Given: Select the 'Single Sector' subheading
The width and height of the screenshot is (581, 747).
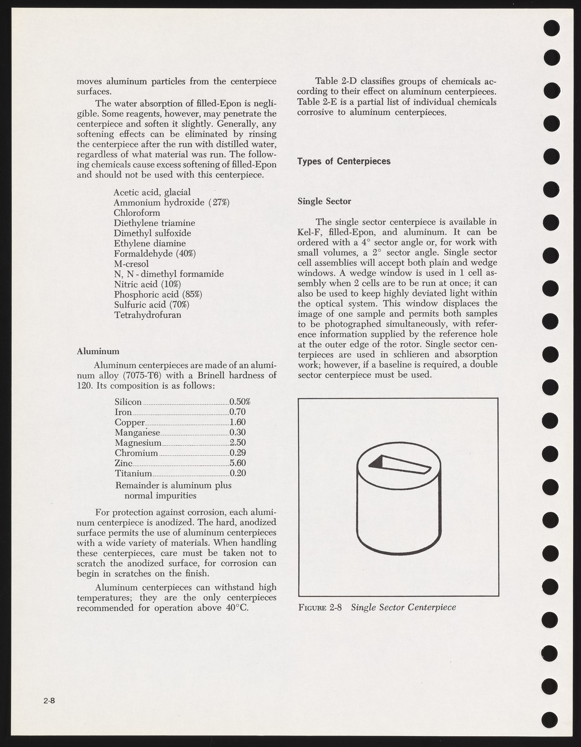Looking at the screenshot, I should click(324, 201).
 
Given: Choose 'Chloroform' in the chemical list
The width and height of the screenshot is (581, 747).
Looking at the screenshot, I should click(137, 213).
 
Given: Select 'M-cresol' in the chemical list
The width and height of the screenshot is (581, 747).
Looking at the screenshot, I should click(131, 264).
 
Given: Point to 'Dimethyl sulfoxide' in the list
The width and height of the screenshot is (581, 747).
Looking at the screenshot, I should click(152, 233).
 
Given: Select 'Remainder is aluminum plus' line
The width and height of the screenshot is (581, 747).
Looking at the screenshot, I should click(173, 485).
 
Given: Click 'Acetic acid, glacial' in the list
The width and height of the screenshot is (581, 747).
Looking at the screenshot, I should click(152, 192).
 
